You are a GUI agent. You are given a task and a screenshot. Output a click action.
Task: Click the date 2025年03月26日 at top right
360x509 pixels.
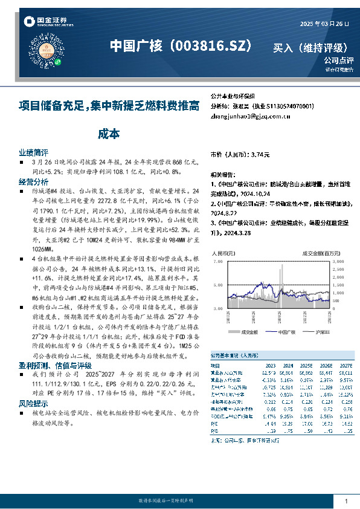pos(324,24)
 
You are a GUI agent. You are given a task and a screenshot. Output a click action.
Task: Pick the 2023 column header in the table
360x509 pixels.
pos(269,366)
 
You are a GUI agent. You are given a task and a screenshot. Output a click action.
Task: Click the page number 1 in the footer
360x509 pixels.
pos(346,501)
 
